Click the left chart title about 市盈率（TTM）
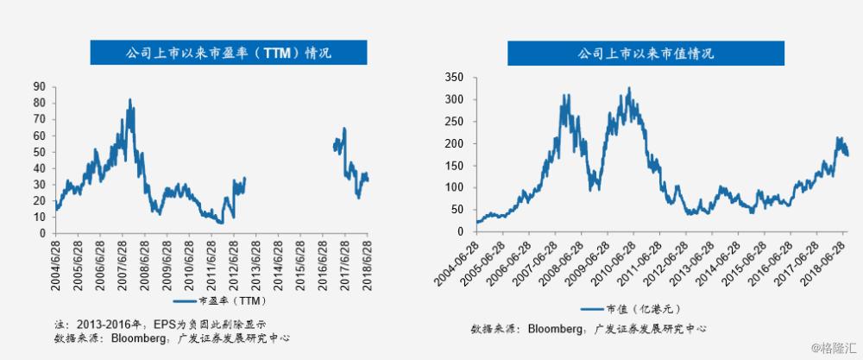tap(212, 53)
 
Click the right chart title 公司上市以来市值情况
tap(646, 54)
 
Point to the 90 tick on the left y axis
tap(39, 86)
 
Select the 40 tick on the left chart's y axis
tap(39, 167)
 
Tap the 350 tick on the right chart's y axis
tap(457, 78)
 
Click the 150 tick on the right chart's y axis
tap(457, 166)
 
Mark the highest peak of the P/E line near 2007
tap(130, 99)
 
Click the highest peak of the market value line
tap(628, 87)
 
